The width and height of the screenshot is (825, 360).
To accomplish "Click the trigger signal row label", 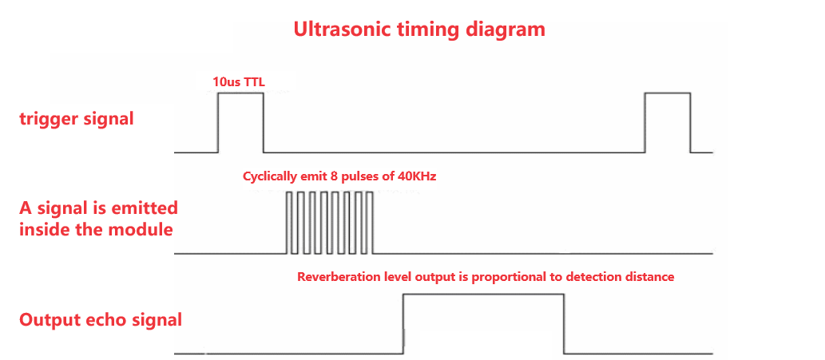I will point(77,120).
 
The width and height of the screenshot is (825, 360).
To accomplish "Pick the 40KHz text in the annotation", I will point(417,176).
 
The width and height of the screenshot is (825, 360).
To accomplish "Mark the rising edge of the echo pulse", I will point(404,323).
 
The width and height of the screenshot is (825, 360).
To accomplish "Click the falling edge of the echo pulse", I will point(565,323).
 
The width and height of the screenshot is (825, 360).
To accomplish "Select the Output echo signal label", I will point(101,320).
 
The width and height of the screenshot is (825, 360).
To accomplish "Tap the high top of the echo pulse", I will point(484,295).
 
